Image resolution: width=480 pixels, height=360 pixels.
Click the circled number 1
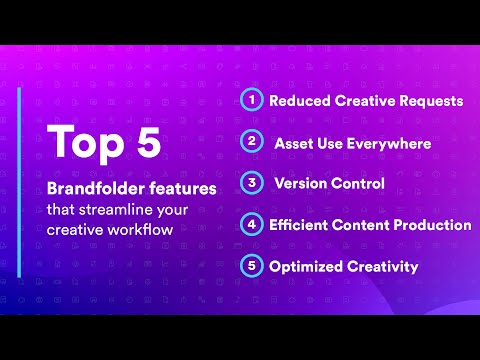251,100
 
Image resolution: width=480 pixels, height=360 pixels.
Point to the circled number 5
251,267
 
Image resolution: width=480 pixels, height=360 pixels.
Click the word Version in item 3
301,184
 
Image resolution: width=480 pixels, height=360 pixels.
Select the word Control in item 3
359,184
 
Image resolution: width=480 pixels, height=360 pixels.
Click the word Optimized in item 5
305,267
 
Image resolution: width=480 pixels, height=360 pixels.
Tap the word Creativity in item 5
382,267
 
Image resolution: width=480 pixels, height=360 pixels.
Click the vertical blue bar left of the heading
19,181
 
